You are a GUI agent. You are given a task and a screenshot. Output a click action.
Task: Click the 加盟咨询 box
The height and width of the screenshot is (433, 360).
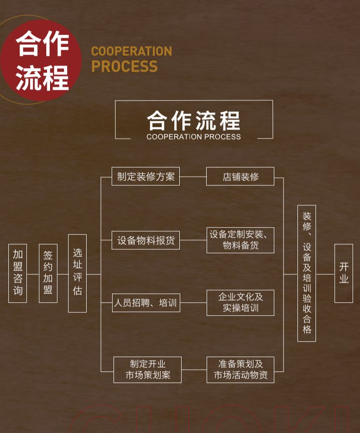18,273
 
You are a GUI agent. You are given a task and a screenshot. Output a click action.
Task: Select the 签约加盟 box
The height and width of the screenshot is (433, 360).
48,273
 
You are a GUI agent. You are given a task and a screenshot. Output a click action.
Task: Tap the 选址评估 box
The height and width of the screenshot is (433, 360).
77,273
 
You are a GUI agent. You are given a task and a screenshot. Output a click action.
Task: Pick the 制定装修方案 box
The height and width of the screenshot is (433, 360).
145,177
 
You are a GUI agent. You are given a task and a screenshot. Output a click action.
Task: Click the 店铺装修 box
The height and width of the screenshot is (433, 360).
240,177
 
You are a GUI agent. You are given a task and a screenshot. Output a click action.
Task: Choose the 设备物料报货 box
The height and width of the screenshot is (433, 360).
145,241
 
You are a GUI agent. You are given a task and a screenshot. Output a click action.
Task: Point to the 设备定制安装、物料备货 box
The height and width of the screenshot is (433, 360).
240,240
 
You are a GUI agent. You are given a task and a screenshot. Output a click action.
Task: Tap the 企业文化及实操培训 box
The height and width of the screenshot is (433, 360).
240,303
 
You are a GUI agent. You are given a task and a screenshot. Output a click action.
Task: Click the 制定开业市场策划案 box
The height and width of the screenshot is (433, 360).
147,369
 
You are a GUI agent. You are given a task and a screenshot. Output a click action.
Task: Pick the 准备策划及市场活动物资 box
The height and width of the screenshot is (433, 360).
240,369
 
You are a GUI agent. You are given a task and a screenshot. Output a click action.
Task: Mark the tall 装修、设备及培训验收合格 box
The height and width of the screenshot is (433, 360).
307,273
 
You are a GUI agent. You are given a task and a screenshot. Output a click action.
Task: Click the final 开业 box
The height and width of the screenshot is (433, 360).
343,273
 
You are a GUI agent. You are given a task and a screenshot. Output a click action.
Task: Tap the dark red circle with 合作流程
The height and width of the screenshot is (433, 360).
41,60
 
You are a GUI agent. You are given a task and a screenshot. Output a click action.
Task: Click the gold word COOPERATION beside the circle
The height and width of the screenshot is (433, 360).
131,51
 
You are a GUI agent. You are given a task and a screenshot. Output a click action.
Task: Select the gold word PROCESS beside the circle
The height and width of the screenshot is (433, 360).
124,67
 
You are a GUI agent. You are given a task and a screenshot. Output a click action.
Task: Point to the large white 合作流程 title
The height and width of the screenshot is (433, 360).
194,120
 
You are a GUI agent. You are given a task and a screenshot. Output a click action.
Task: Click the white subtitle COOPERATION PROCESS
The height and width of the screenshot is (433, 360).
194,137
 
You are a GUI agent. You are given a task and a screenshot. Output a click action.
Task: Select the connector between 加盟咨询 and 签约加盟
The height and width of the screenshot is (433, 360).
33,274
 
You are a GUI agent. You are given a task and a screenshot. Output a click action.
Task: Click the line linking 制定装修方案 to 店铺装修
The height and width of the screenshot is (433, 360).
193,177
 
